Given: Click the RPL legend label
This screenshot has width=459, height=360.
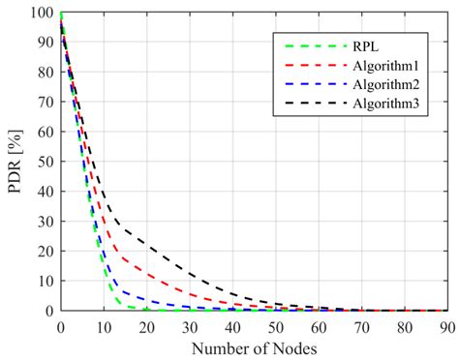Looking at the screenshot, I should [x=365, y=44].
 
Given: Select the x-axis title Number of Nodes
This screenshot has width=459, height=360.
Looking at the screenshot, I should [x=254, y=345].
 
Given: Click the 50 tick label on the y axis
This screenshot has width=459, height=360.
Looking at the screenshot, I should [x=46, y=163].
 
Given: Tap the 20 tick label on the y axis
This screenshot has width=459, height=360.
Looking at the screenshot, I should [x=46, y=252].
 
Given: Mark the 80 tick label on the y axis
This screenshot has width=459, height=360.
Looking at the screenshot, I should [x=46, y=74].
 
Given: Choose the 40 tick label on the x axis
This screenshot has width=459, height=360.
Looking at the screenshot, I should [x=231, y=325].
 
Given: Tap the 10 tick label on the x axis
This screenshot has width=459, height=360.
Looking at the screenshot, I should [x=104, y=325].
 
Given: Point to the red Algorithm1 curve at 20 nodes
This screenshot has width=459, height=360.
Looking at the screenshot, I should [x=146, y=270].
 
